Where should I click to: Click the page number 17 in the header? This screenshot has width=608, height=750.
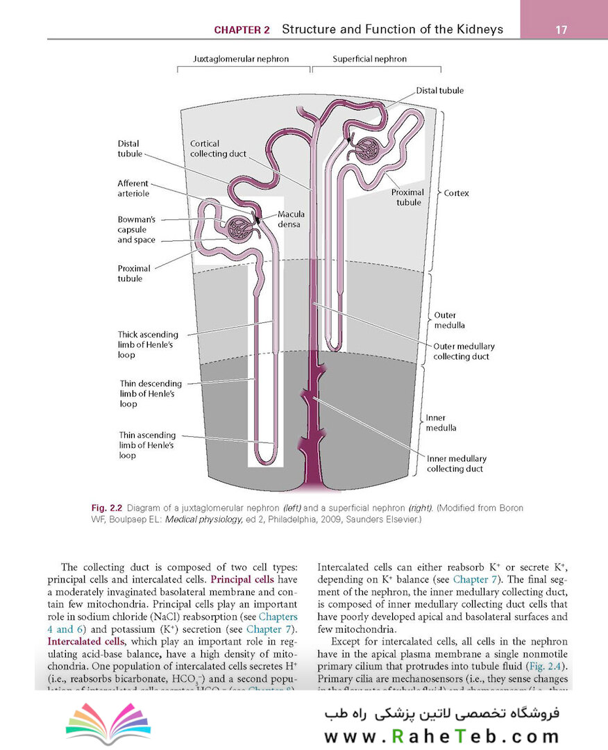click(x=561, y=30)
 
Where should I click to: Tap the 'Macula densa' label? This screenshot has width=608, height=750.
click(x=291, y=219)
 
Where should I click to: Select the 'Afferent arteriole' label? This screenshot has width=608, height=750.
click(x=133, y=188)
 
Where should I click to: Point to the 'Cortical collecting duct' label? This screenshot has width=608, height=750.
click(x=218, y=149)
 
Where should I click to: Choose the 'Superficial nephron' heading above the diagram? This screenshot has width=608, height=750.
click(x=369, y=59)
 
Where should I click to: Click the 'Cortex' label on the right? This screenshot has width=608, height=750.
click(x=456, y=193)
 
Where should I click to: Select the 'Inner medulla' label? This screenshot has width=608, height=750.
click(x=441, y=423)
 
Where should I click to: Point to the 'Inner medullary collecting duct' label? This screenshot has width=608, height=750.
click(x=456, y=464)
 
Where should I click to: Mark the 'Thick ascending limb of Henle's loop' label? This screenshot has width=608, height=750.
click(x=148, y=344)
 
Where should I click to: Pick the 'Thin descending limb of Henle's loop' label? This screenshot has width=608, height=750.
click(x=150, y=393)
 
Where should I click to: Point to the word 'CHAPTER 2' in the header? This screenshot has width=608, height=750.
click(x=242, y=30)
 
